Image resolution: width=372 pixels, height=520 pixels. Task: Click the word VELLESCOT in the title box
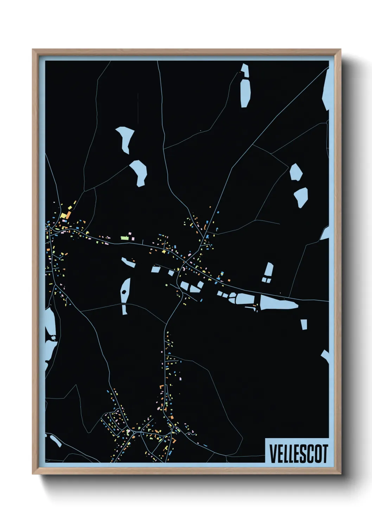[299, 454]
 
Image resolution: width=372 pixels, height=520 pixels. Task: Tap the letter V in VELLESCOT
[272, 454]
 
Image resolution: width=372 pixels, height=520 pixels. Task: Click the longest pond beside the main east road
[278, 302]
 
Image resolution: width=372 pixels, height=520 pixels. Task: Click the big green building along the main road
[124, 238]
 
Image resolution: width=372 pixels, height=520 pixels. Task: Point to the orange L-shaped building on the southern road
[162, 386]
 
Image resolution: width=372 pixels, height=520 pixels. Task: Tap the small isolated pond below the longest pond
[304, 324]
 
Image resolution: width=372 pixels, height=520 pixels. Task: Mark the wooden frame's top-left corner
[33, 50]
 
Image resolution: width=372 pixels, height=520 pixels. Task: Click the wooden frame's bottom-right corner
[340, 474]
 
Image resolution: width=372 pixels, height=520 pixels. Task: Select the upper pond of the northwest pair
[125, 138]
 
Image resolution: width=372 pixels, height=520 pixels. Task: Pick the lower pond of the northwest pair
[139, 172]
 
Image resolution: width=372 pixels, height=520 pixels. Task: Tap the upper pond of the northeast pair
[296, 172]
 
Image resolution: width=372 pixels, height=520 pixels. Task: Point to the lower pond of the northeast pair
[301, 196]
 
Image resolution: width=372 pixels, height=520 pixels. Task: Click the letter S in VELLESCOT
[303, 454]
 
